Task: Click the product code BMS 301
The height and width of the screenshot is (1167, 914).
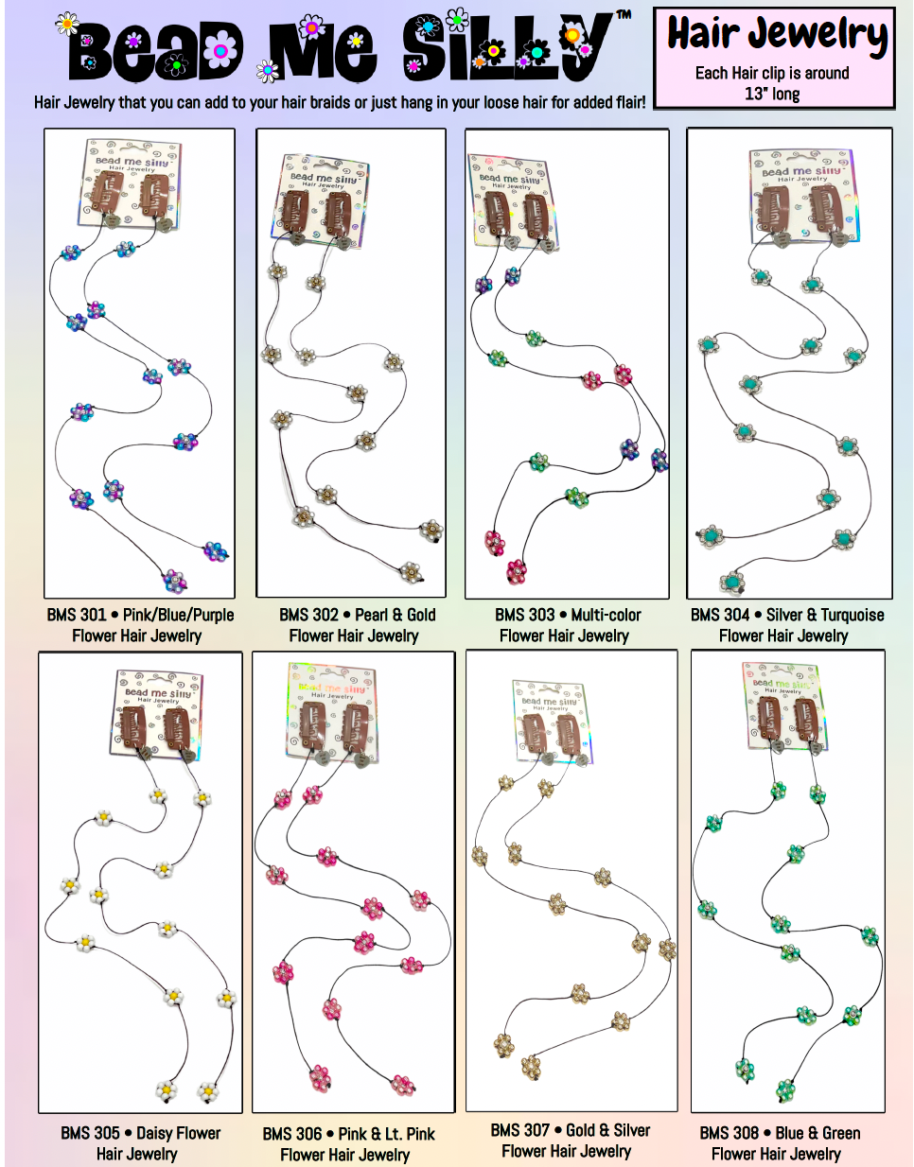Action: click(x=77, y=615)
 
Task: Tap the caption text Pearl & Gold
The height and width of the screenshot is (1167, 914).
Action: click(x=395, y=615)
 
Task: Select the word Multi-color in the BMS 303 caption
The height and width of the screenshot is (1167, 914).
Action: click(x=606, y=615)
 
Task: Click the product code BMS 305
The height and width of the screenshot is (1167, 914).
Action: click(x=90, y=1133)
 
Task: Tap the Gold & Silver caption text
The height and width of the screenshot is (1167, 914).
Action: click(x=607, y=1130)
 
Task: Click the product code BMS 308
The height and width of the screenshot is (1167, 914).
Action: click(x=729, y=1133)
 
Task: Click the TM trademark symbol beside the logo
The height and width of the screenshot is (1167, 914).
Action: click(x=624, y=15)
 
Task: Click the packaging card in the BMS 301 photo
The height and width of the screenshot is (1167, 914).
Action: click(x=132, y=183)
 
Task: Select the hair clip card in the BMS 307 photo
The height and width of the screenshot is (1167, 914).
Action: click(x=553, y=722)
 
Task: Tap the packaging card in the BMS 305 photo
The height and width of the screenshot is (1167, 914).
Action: click(x=158, y=713)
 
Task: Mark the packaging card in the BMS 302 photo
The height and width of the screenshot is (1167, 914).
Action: click(x=322, y=201)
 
